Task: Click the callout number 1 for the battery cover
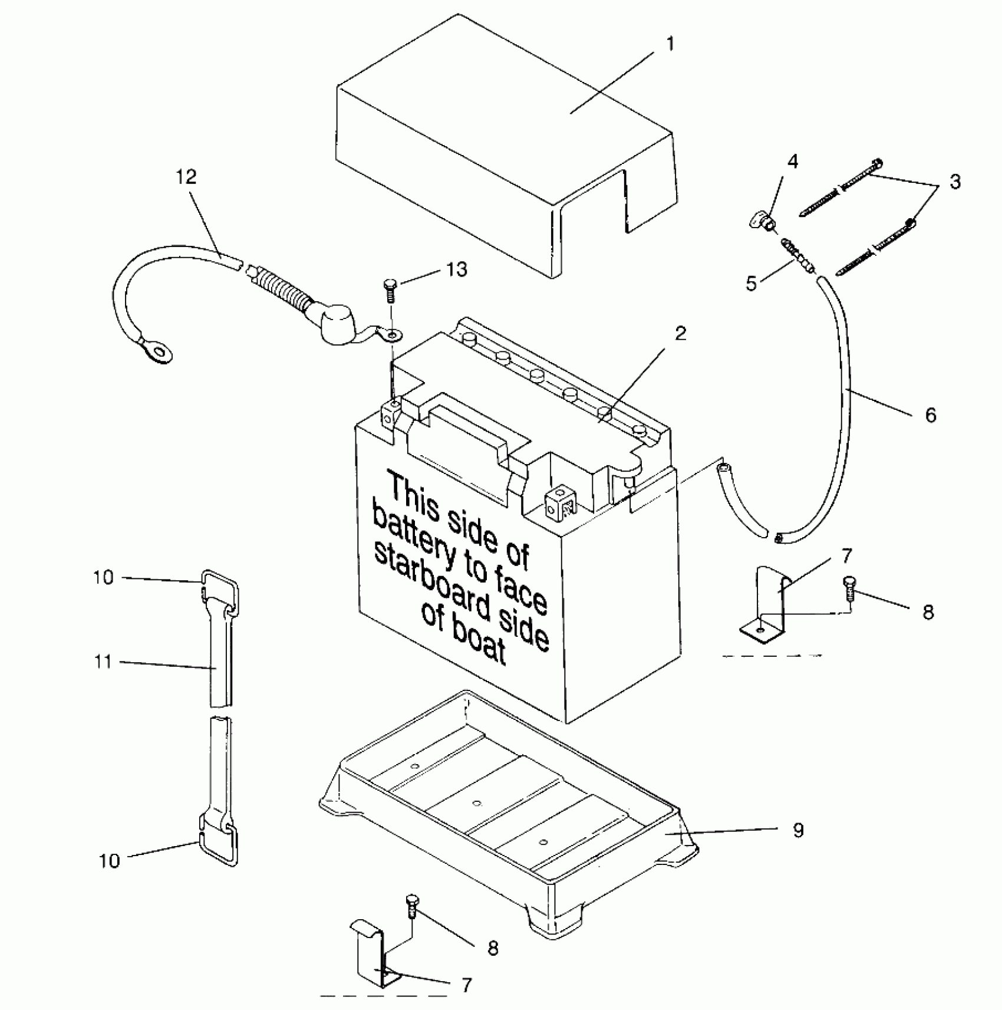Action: (x=670, y=45)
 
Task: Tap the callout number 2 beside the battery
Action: (x=681, y=334)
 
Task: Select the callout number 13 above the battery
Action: (x=457, y=269)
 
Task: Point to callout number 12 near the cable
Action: (x=186, y=176)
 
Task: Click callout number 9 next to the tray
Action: (x=798, y=830)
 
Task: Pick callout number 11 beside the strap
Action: (x=103, y=662)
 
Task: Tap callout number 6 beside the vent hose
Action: (x=930, y=415)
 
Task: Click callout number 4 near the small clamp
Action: (x=793, y=161)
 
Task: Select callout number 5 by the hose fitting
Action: (x=751, y=284)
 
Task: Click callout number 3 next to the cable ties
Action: (x=955, y=182)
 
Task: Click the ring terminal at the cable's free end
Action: (x=156, y=351)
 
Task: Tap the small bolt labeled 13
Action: (x=390, y=289)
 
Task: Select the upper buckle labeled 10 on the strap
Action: (x=221, y=590)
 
